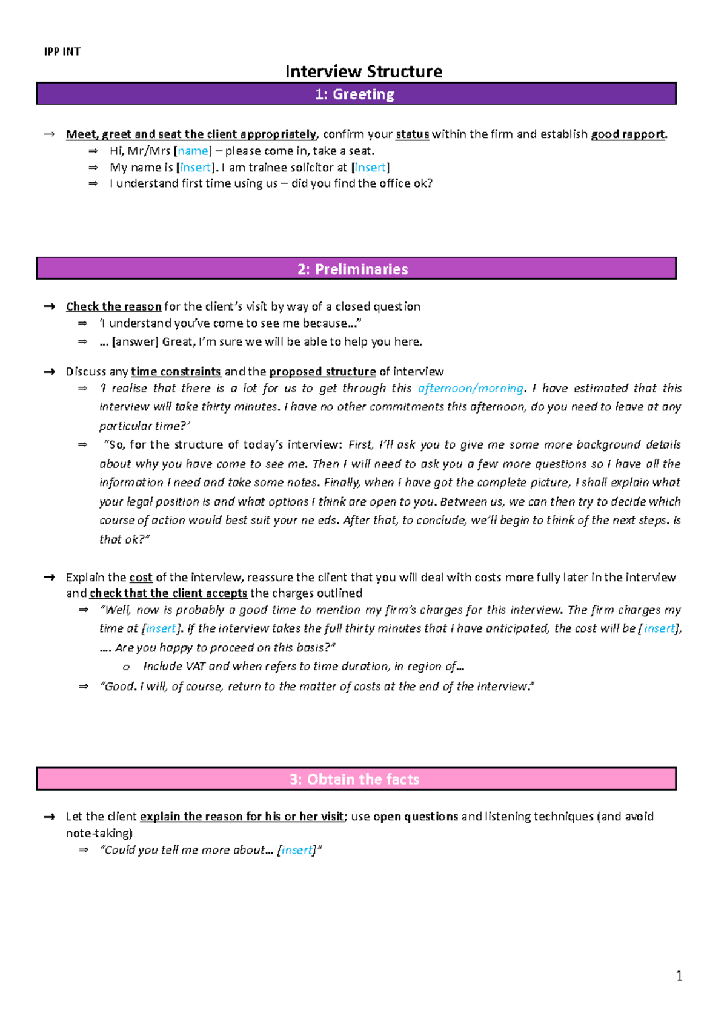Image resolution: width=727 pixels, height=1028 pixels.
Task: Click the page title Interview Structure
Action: [x=363, y=71]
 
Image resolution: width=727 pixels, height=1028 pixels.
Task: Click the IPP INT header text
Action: [x=62, y=51]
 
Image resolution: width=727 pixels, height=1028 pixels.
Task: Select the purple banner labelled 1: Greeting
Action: [x=356, y=94]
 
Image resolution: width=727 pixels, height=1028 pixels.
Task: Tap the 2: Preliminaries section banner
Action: [x=356, y=269]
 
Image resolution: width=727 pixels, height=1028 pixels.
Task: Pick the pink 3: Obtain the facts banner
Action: [x=356, y=779]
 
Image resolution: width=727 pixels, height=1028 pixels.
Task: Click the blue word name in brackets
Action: [x=193, y=151]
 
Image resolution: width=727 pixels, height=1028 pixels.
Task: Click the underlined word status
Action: [x=412, y=134]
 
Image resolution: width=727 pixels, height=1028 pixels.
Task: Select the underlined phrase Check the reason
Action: [x=113, y=306]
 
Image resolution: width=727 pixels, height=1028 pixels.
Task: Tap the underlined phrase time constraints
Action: [x=176, y=372]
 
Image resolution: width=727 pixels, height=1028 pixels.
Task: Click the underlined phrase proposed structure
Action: [x=322, y=372]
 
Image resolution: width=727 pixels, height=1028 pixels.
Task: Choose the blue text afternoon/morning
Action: [x=471, y=389]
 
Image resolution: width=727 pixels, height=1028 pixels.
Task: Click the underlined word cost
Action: [x=141, y=578]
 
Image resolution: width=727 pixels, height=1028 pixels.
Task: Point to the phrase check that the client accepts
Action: [x=168, y=593]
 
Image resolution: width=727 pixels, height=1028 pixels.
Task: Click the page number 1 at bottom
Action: [x=679, y=976]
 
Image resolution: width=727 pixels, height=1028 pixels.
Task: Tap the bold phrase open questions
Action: [x=416, y=817]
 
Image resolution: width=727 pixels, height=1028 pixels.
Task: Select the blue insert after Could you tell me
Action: [x=297, y=850]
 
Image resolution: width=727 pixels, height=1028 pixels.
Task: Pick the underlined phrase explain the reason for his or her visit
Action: [x=242, y=817]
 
